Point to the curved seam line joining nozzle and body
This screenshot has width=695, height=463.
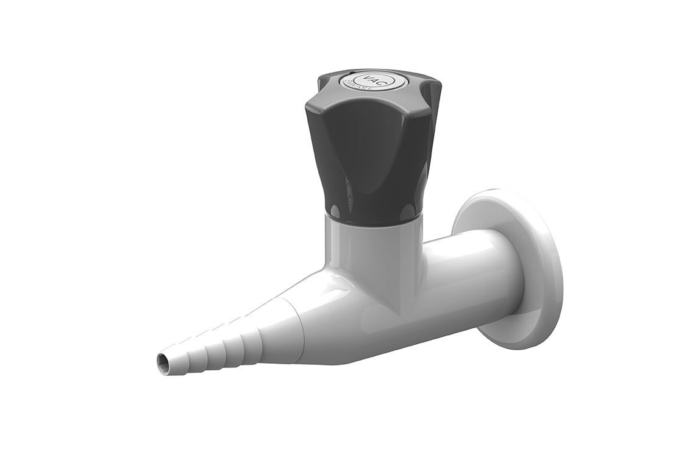[x=299, y=329]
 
